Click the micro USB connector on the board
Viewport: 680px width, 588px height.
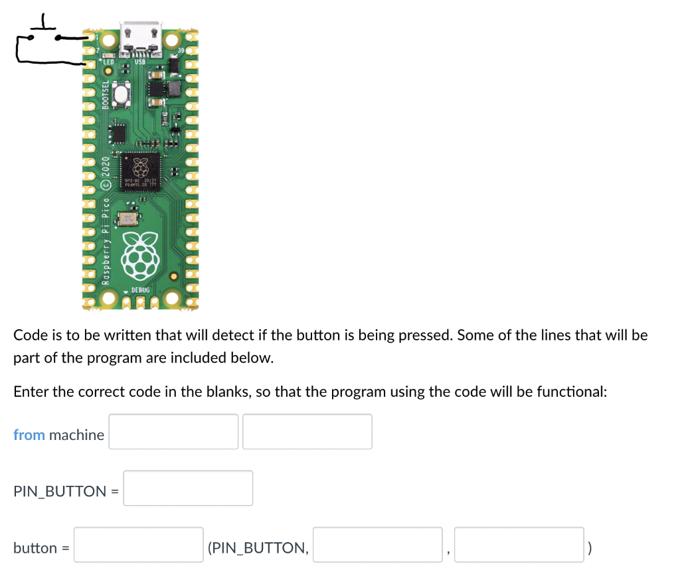140,37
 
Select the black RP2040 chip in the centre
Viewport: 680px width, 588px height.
139,171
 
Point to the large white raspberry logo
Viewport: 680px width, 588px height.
140,255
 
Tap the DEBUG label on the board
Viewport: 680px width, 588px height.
141,290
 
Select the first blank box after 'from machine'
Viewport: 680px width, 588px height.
173,431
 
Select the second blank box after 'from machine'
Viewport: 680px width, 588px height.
307,431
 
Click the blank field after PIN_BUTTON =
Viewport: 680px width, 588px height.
188,488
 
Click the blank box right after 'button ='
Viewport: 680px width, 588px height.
138,544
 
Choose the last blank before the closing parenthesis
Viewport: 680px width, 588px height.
519,544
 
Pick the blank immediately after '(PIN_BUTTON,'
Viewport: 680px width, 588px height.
377,544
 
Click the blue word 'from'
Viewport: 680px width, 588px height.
29,435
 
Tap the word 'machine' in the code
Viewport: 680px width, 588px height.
76,435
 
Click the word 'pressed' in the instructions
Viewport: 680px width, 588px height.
424,335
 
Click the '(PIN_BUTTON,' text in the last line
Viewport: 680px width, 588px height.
258,548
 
